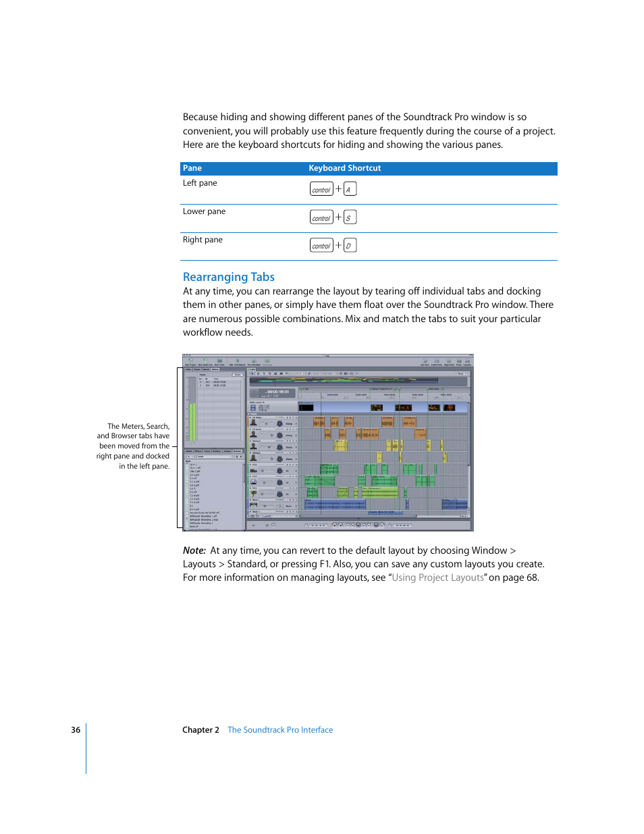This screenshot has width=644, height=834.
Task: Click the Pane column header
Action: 192,168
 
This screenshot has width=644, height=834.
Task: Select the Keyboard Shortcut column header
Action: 344,168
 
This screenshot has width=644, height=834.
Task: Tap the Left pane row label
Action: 200,183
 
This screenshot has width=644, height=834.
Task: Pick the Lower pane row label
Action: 204,211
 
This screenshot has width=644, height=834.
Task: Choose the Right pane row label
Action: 203,240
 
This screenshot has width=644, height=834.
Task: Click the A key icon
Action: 350,189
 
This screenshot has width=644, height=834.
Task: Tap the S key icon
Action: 350,217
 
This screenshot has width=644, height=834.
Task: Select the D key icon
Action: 350,245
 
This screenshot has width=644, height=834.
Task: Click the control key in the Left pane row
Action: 321,189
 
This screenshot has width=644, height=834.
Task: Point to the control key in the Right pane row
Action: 321,245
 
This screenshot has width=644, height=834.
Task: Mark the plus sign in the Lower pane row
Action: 339,217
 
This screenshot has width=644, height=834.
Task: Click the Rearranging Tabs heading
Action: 228,277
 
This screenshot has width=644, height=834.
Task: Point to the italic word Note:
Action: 194,550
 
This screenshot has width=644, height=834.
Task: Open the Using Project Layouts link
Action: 437,577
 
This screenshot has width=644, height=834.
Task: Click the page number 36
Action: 76,730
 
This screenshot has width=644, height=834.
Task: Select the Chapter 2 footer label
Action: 200,730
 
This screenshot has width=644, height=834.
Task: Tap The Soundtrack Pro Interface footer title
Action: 280,730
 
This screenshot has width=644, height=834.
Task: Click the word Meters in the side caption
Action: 132,426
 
